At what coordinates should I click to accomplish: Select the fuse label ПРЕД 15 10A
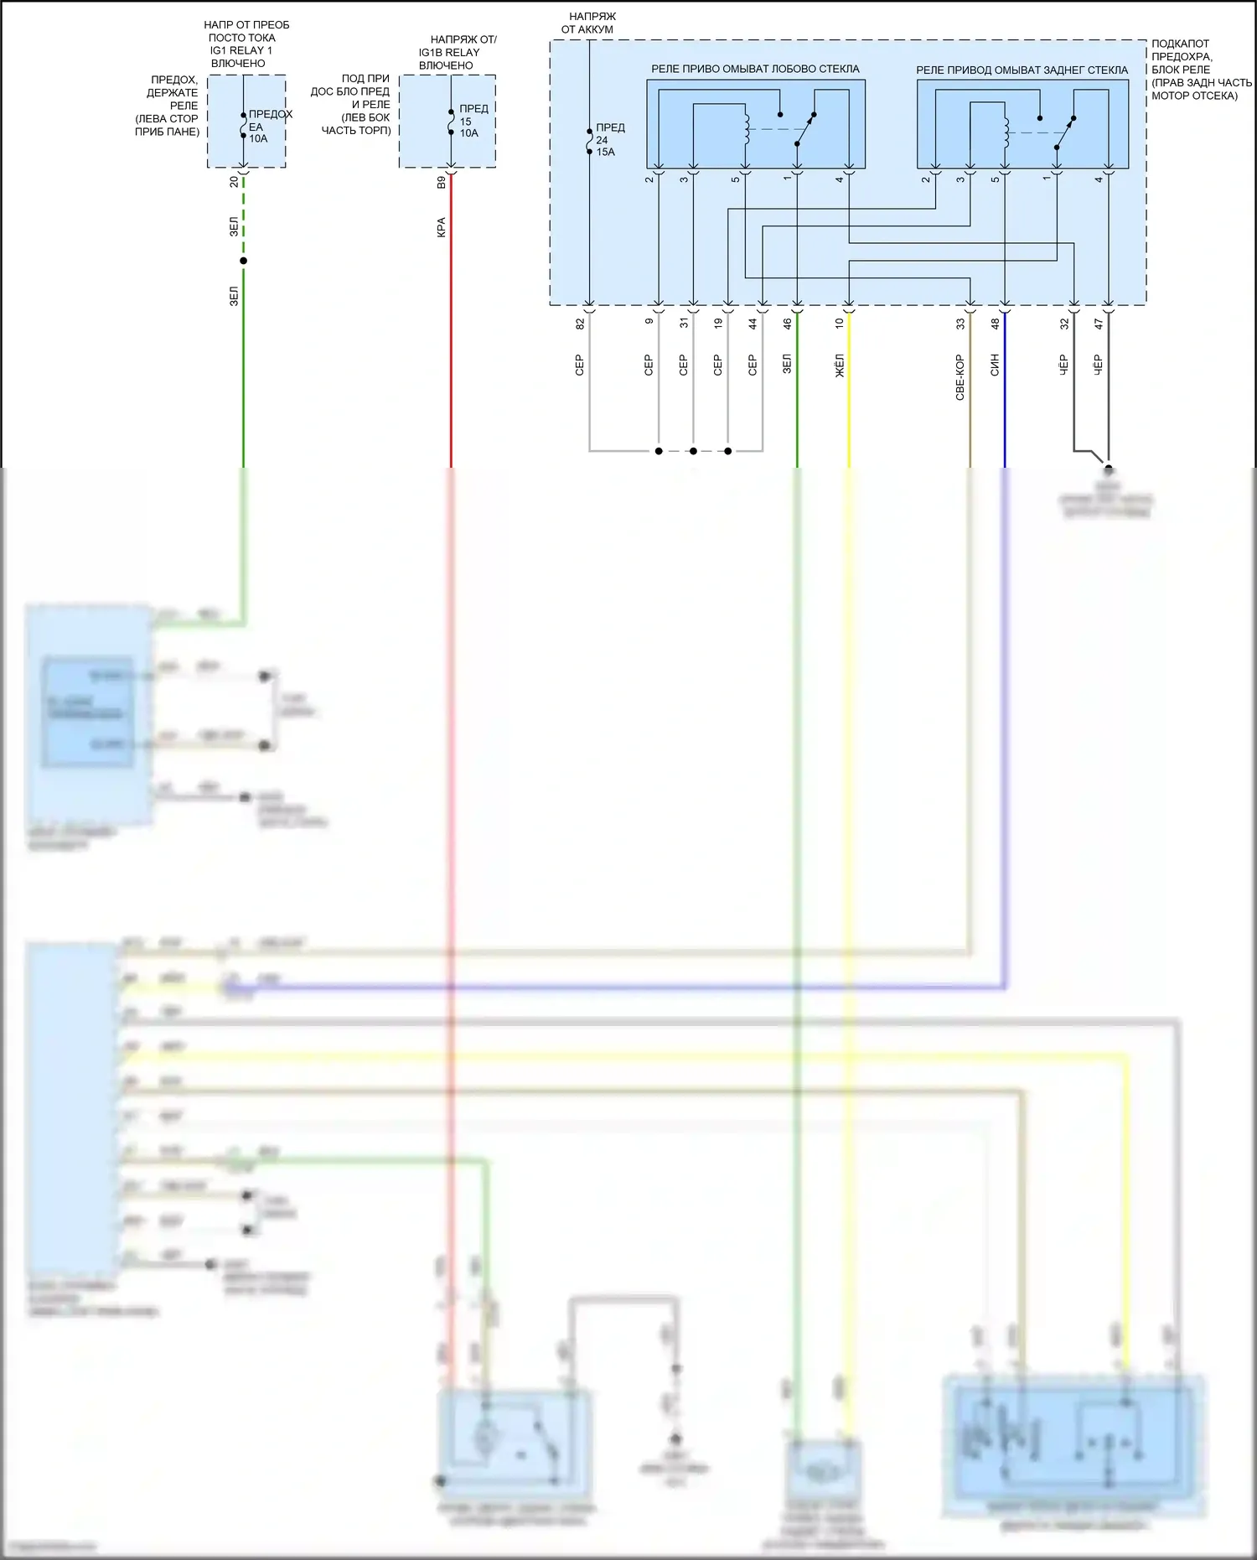pos(470,121)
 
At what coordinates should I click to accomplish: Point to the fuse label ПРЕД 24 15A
pos(609,140)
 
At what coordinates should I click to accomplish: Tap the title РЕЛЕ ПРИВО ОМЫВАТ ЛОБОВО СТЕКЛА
pos(755,69)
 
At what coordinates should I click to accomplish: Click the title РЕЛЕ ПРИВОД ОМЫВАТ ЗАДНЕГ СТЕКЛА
pos(1022,70)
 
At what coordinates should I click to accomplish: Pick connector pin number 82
pos(580,323)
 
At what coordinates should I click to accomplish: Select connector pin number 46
pos(788,323)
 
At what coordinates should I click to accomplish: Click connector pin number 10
pos(840,323)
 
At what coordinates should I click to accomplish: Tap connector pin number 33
pos(960,323)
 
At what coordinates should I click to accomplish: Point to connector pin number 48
pos(996,323)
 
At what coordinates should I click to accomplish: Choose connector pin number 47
pos(1099,323)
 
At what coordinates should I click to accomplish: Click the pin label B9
pos(441,182)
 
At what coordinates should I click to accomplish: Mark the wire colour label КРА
pos(441,227)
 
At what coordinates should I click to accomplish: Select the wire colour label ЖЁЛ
pos(840,365)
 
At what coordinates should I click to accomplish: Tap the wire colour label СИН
pos(996,365)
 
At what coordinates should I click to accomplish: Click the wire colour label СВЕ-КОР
pos(960,376)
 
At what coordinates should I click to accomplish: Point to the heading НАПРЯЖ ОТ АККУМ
pos(588,23)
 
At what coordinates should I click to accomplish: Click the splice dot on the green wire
pos(244,261)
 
